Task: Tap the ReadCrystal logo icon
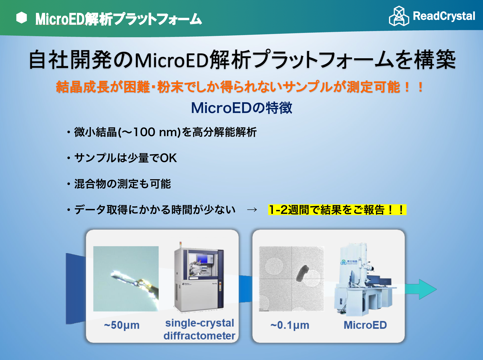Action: tap(399, 16)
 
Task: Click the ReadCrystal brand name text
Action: tap(444, 16)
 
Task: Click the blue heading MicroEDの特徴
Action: tap(242, 108)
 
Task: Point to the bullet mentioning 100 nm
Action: tap(162, 132)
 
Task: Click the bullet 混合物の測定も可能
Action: tap(119, 184)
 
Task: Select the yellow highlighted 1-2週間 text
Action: tap(337, 210)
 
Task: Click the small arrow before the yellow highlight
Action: tap(252, 210)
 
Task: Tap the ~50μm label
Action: tap(122, 325)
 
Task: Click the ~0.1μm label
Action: tap(290, 325)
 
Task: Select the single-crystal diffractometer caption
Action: tap(200, 329)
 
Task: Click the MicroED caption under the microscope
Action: tap(365, 325)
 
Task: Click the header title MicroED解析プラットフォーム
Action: tap(119, 19)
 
